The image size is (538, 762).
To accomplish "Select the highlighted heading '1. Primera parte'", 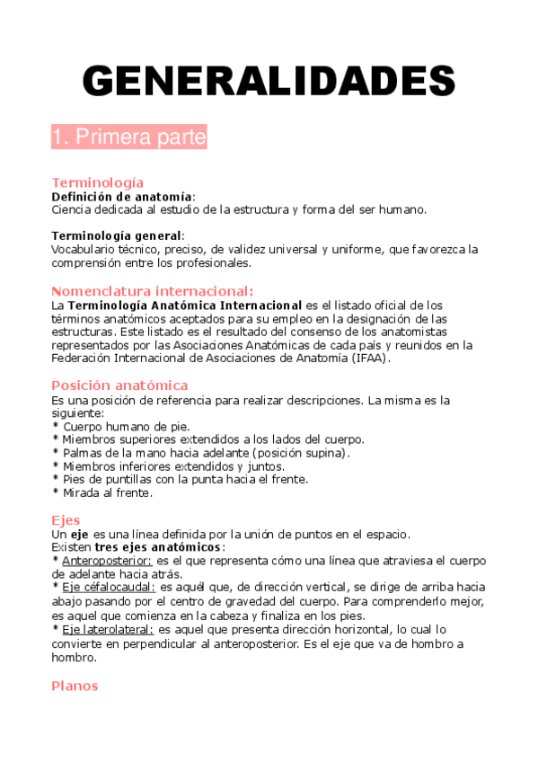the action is [129, 138].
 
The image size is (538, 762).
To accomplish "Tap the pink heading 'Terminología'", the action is [98, 182].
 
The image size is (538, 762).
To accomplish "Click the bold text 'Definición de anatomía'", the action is [122, 196].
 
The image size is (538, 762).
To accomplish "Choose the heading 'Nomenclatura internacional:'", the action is [153, 291].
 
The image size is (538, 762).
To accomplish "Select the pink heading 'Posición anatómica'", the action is [119, 385].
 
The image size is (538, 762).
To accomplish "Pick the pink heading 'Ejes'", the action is [66, 520].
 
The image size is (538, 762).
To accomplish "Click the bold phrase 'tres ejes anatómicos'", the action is [157, 547].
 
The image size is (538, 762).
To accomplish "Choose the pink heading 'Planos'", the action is [75, 686].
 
